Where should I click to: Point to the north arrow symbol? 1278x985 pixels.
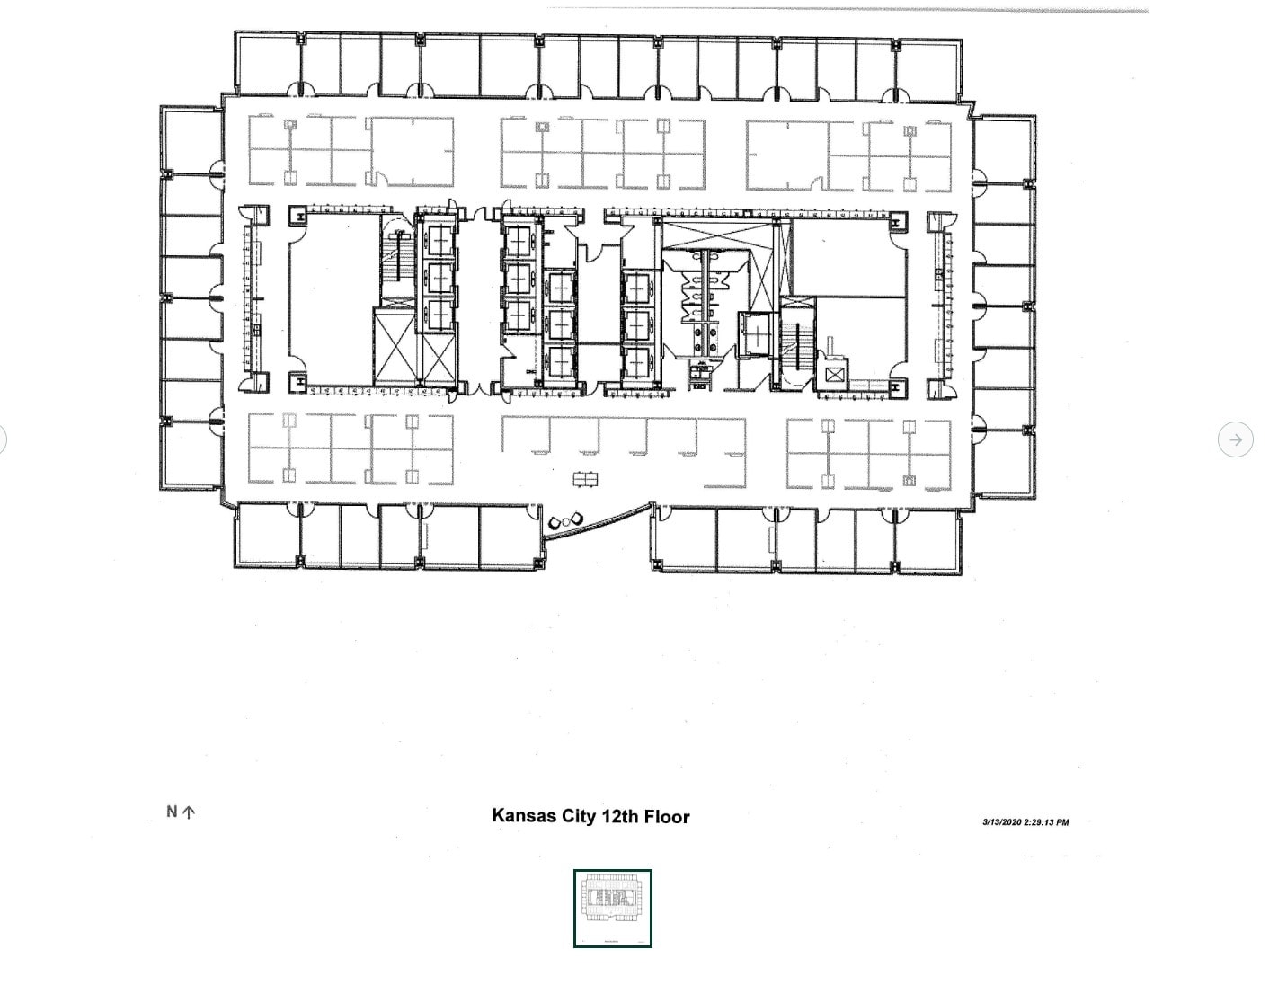(189, 812)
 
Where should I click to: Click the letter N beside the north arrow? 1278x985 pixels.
(172, 812)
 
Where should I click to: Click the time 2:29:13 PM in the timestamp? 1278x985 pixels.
(1046, 822)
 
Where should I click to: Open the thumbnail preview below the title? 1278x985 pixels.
(613, 909)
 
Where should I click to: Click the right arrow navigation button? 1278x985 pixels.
(1236, 439)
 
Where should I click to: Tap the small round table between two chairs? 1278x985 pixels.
(565, 519)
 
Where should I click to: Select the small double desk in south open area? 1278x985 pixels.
(585, 479)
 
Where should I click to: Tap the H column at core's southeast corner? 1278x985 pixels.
(896, 386)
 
